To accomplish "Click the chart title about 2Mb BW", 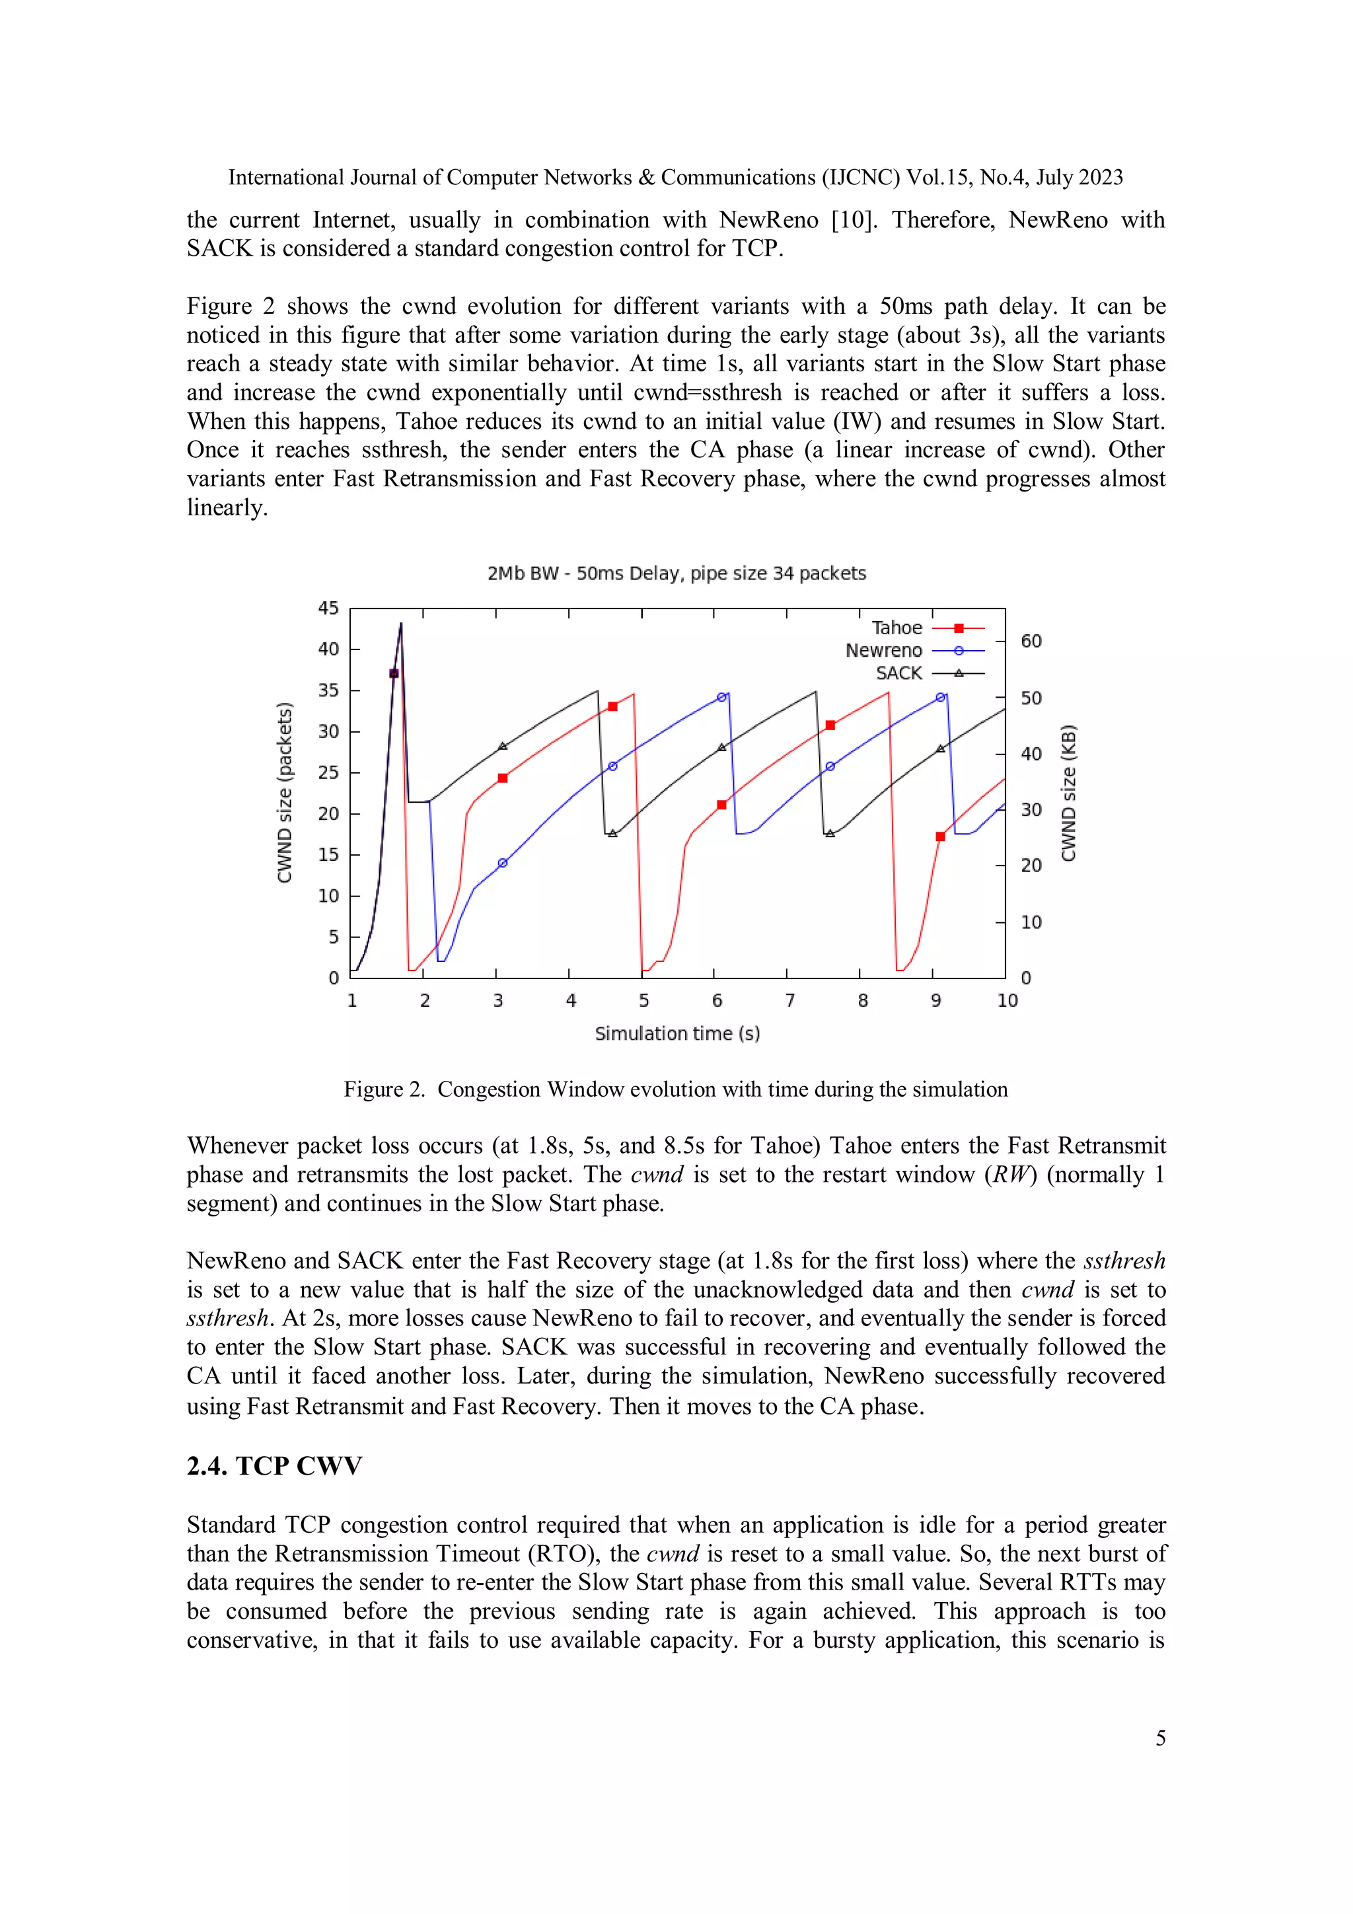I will tap(676, 573).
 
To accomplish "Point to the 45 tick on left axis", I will tap(328, 608).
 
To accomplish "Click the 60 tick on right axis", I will tap(1031, 641).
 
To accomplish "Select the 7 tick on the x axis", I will tap(789, 1000).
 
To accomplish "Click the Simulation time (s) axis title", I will tap(677, 1034).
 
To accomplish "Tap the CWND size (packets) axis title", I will tap(284, 792).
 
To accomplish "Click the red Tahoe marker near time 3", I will tap(503, 778).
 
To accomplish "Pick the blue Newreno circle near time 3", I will tap(503, 863).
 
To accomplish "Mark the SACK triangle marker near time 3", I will tap(503, 746).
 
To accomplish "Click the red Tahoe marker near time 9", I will tap(940, 836).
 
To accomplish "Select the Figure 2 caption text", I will tap(675, 1089).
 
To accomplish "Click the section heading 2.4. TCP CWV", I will tap(274, 1465).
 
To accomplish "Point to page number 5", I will tap(1159, 1738).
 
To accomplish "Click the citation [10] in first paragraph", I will tap(854, 220).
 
